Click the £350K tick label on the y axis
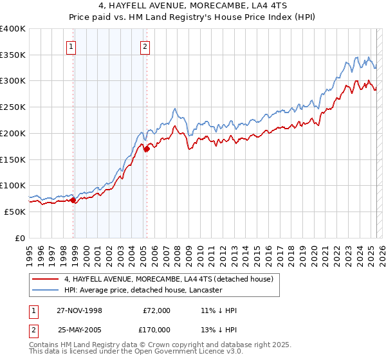(12, 55)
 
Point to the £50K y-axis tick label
(15, 212)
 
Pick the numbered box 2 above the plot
(145, 46)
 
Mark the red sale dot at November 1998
(73, 200)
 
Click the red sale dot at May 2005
(147, 149)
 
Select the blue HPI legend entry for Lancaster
(143, 290)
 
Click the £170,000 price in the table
(157, 329)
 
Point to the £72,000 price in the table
(157, 310)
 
